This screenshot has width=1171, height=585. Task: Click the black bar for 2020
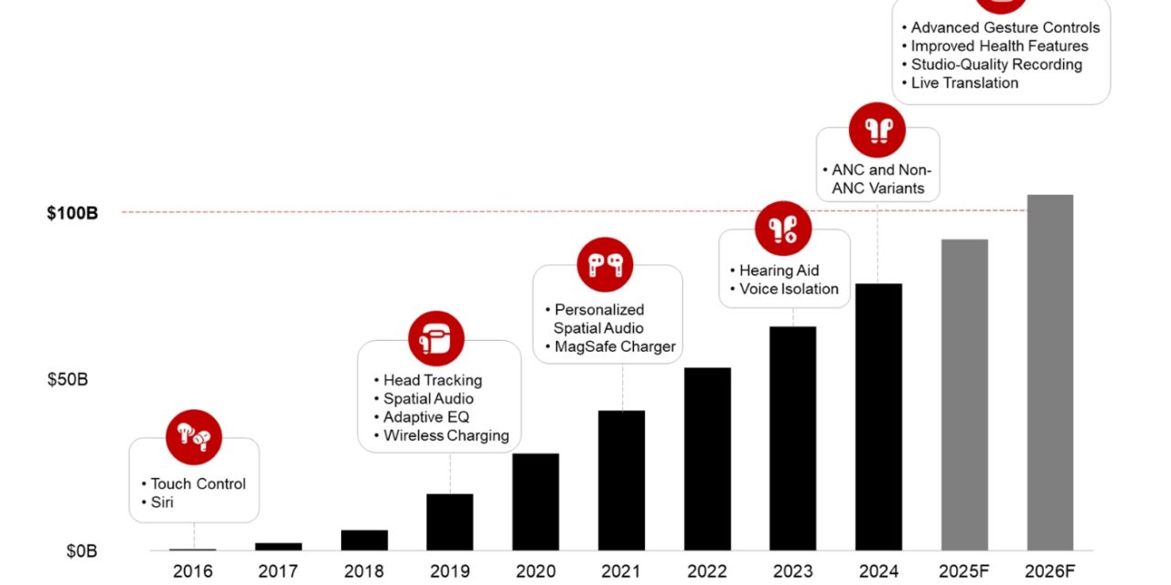(x=535, y=502)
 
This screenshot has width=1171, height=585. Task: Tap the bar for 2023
(x=792, y=438)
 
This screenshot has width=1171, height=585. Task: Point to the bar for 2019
(x=450, y=522)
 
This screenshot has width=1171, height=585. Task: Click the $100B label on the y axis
(x=72, y=213)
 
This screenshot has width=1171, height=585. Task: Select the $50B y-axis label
(x=68, y=379)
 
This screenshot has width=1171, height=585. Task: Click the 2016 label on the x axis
(x=192, y=572)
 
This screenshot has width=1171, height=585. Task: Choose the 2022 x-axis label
(x=707, y=572)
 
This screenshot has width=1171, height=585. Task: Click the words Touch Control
(x=198, y=484)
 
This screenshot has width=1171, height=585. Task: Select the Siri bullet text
(x=162, y=502)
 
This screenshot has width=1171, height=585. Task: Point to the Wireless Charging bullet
(x=446, y=435)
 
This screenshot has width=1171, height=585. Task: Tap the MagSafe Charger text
(x=615, y=346)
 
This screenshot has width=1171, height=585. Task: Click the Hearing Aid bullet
(x=779, y=271)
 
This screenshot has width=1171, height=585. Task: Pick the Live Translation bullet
(x=964, y=82)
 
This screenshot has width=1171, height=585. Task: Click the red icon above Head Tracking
(x=436, y=339)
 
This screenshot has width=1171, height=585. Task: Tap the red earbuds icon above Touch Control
(x=194, y=436)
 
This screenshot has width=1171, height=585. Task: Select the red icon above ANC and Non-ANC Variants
(x=877, y=131)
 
